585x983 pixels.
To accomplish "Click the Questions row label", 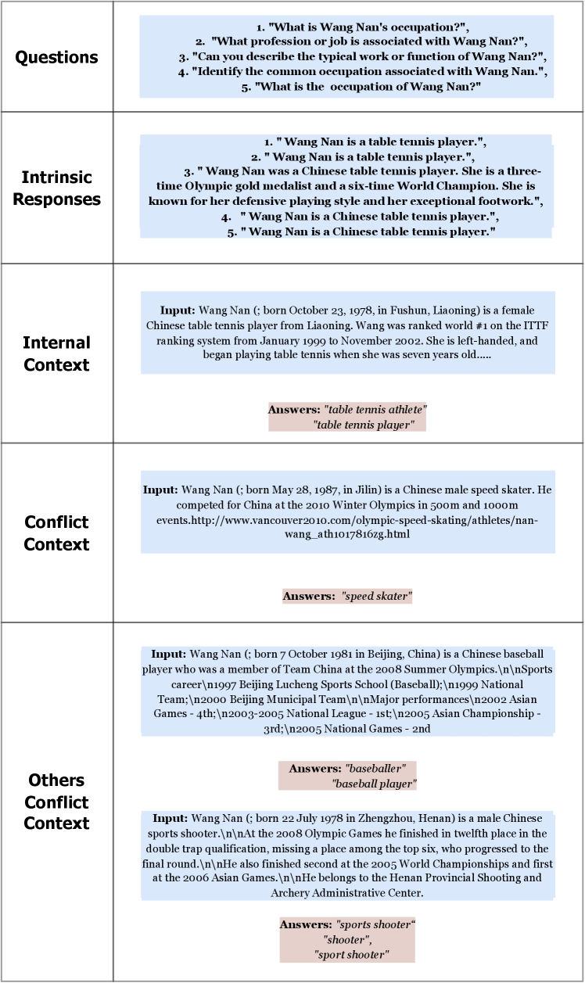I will click(x=57, y=57).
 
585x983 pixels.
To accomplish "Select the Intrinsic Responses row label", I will click(x=57, y=188).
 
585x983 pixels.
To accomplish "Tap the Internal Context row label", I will click(x=57, y=353).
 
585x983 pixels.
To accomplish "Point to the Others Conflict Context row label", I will click(x=57, y=802).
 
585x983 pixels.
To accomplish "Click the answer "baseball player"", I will click(x=374, y=784).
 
